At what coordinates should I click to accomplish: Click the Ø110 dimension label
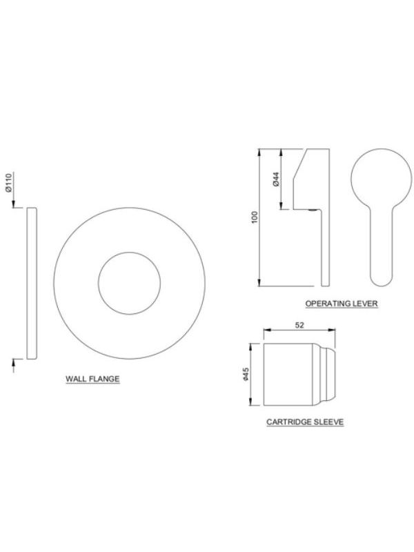[9, 181]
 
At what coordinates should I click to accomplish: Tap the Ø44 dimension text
[276, 179]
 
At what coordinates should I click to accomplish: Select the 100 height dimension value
[255, 217]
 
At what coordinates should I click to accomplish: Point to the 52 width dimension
[299, 325]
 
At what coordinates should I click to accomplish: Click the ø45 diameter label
[246, 374]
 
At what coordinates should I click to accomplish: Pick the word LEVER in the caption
[366, 303]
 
